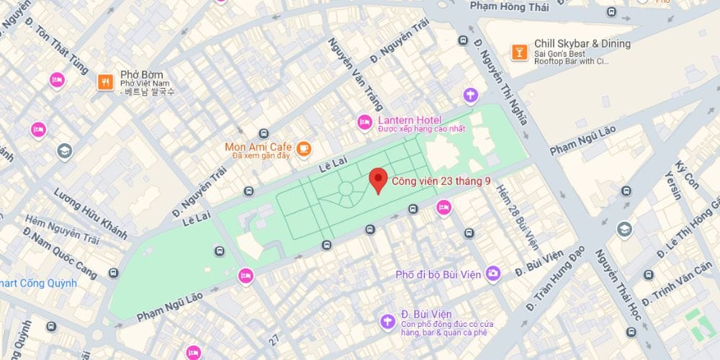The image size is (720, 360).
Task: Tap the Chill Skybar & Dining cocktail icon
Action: click(x=517, y=51)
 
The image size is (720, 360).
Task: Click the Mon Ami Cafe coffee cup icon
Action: click(x=304, y=148)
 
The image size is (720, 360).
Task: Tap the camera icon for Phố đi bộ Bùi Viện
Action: click(x=492, y=273)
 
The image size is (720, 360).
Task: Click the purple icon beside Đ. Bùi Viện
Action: click(x=388, y=321)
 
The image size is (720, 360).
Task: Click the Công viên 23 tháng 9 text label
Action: click(x=441, y=181)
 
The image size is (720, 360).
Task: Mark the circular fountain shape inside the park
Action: click(x=345, y=189)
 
